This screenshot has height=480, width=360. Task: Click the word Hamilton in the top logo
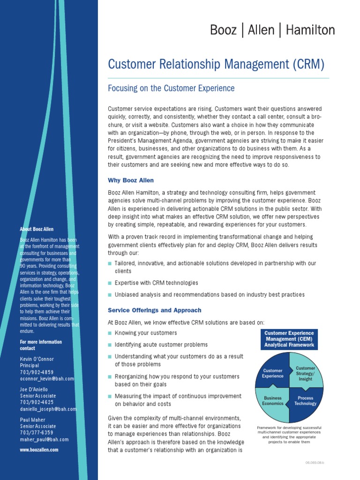310,30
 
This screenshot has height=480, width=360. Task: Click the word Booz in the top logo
224,30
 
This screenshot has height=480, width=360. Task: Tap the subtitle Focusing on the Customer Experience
171,88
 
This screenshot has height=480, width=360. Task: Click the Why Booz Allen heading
131,180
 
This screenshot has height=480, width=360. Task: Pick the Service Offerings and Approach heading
155,310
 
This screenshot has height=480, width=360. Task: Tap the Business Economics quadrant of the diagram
272,402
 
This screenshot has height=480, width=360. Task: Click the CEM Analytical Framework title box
289,339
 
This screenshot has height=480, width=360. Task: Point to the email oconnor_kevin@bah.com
47,379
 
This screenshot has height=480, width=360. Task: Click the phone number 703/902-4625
37,402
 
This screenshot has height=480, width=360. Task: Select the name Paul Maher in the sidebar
32,420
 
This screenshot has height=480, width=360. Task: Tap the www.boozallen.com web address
39,450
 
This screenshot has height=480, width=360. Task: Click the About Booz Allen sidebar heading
37,229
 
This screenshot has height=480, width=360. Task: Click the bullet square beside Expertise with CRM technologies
110,283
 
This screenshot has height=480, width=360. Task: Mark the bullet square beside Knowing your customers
110,333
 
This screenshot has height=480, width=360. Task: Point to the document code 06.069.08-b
315,463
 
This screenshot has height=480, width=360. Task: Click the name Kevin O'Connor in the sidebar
37,359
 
